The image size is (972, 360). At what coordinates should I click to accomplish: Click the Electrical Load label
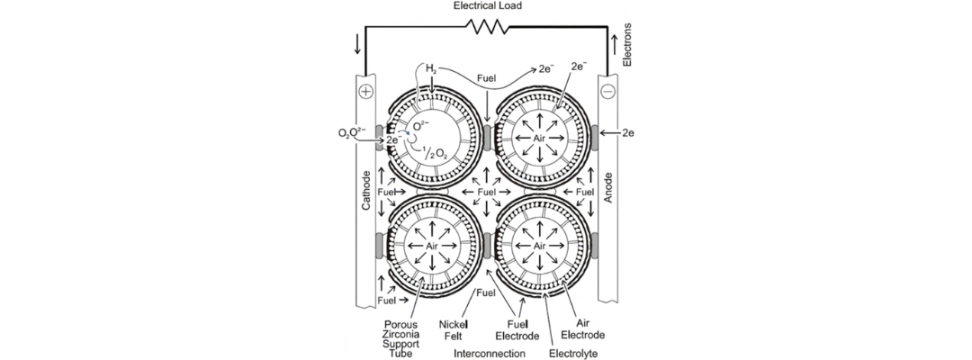coord(488,6)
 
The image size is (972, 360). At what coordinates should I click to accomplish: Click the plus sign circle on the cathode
coord(365,91)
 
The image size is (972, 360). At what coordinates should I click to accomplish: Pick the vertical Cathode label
coord(366,190)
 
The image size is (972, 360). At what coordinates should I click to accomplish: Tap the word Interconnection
coord(490,354)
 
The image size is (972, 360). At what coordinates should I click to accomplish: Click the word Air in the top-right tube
coord(540,138)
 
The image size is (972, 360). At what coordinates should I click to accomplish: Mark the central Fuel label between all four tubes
coord(486,192)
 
